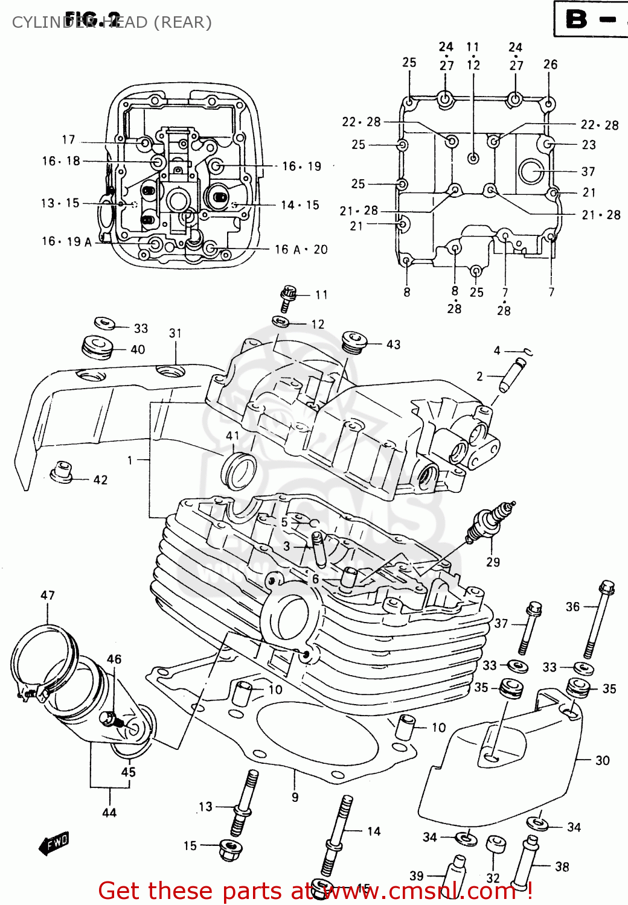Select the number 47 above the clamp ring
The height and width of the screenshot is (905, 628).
point(48,595)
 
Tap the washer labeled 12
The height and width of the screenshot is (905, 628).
point(281,321)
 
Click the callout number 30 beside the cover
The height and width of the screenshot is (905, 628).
point(602,760)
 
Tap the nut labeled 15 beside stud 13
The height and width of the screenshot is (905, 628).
point(231,847)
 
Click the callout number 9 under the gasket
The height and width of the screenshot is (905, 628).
point(295,797)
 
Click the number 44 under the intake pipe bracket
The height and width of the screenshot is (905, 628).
point(109,813)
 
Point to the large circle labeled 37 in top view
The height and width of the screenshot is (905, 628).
point(531,171)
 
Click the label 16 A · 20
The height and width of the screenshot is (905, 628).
point(301,249)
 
